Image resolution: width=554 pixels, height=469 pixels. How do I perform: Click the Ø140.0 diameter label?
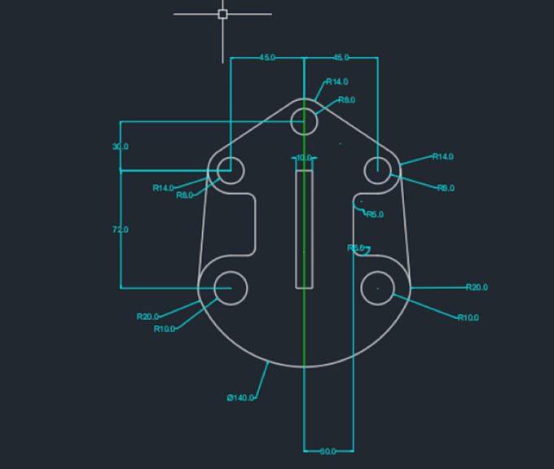coord(240,397)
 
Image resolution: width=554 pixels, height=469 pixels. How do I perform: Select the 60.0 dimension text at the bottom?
coord(328,450)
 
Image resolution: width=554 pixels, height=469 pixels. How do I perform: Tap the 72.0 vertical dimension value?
coord(121,230)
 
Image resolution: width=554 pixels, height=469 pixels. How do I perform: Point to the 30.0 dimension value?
coord(121,147)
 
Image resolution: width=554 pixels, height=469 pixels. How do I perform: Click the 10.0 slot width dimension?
coord(304,158)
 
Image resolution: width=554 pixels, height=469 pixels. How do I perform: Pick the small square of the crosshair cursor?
coord(222,14)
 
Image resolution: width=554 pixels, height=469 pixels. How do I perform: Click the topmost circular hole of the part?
coord(304,122)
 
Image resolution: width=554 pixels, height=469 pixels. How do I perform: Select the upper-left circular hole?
coord(231,171)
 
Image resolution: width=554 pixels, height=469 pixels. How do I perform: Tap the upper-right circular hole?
coord(377,171)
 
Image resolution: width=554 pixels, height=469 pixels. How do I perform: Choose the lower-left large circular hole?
coord(231,287)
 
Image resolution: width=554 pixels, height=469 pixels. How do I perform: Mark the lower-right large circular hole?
coord(377,287)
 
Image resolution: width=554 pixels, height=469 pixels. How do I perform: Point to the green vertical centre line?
coord(304,326)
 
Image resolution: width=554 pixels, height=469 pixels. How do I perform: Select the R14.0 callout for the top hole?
coord(336,81)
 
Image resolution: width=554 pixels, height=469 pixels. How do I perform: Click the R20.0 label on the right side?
coord(477,287)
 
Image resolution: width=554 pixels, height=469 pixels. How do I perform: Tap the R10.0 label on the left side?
coord(165,329)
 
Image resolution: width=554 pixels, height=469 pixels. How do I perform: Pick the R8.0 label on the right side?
coord(446,188)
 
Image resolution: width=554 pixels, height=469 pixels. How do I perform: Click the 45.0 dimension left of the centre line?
coord(267,58)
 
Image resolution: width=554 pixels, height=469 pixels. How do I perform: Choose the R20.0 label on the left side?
coord(147,317)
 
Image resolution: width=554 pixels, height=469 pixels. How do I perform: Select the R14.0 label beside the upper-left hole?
coord(164,188)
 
